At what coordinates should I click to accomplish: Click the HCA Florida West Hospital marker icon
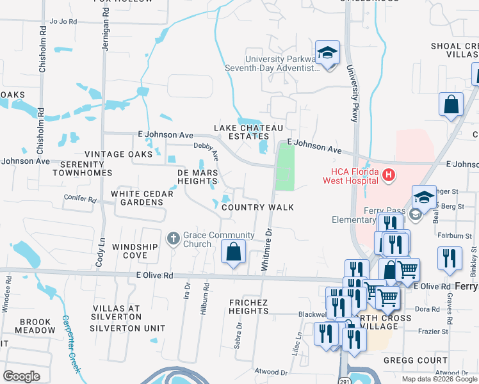[387, 174]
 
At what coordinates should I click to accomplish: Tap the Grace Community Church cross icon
[173, 239]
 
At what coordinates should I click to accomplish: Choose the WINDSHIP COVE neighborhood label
[134, 251]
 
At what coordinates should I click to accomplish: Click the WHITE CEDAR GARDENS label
[137, 198]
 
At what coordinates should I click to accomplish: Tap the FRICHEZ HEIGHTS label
[249, 306]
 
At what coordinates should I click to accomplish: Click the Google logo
[21, 376]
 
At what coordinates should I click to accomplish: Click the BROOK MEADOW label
[26, 326]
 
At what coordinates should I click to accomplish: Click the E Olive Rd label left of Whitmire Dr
[154, 275]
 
